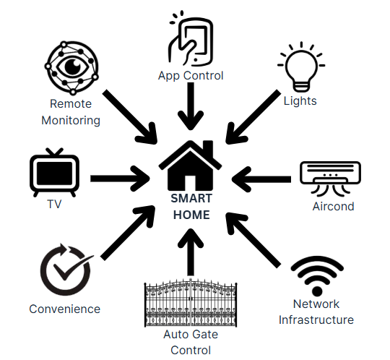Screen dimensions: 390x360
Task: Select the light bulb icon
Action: click(x=301, y=67)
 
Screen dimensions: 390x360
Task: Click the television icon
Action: click(x=54, y=173)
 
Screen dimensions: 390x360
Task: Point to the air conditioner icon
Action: click(x=330, y=177)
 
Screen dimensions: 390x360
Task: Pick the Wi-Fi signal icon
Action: click(x=317, y=275)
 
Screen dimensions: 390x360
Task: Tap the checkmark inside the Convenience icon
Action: click(x=73, y=267)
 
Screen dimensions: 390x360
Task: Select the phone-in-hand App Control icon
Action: click(x=191, y=38)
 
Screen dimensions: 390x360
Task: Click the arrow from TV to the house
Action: click(x=120, y=179)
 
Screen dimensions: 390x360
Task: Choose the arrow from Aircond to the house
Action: click(x=261, y=179)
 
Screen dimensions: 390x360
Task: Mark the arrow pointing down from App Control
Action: click(x=191, y=106)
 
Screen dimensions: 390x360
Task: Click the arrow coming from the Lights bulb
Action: click(x=252, y=117)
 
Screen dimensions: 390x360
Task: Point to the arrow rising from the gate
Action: click(x=191, y=252)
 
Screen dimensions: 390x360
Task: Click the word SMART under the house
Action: click(x=191, y=198)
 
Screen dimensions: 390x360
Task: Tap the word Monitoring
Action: click(x=71, y=121)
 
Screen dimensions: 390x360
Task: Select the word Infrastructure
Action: click(x=316, y=320)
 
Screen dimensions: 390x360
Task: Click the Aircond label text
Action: click(x=333, y=207)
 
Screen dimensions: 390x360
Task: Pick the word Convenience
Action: click(x=65, y=309)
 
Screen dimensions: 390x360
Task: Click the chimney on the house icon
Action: click(x=209, y=149)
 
